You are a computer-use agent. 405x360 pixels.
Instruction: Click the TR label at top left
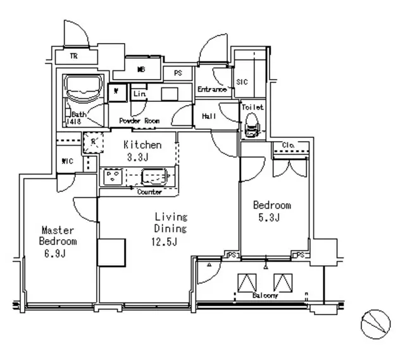(73, 56)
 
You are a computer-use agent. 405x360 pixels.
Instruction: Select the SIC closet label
(242, 82)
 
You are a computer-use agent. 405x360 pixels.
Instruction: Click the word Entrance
(211, 90)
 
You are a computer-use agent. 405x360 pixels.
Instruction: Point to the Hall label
(209, 116)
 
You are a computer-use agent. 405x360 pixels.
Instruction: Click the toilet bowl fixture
(252, 123)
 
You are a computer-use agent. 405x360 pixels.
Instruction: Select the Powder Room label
(139, 120)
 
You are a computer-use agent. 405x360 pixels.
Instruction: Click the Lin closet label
(139, 94)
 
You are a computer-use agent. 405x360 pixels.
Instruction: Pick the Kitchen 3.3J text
(142, 150)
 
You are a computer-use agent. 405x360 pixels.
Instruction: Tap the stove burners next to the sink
(113, 175)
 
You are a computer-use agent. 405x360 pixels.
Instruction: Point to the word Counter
(149, 192)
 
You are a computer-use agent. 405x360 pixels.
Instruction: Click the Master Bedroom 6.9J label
(58, 241)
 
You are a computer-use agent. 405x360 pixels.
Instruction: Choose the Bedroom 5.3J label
(272, 211)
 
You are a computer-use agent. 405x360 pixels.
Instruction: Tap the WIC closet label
(67, 161)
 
